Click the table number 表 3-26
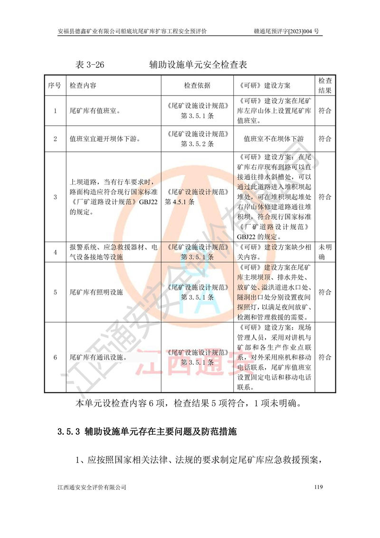[90, 64]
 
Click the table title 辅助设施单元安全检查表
[198, 64]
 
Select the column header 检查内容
[83, 86]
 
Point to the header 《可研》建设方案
[263, 86]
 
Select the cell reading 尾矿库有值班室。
[95, 111]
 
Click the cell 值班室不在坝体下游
[273, 139]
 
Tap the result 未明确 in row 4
[325, 252]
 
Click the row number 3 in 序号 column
[55, 197]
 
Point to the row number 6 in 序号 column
[55, 357]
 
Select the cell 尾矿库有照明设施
[96, 292]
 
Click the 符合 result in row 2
[325, 139]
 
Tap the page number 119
[318, 487]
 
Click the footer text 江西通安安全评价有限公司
[92, 487]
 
